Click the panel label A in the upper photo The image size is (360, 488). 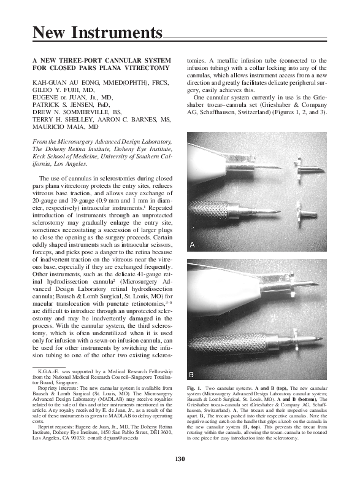click(193, 245)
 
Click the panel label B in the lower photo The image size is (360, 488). click(192, 373)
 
